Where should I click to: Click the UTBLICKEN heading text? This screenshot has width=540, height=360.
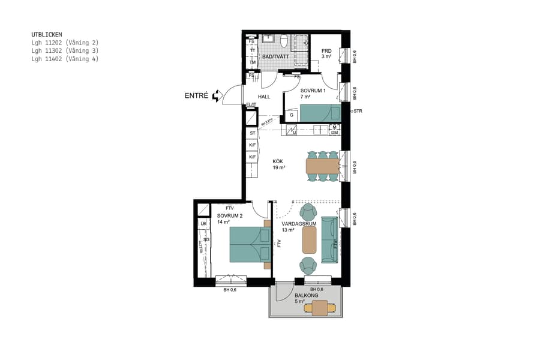click(x=47, y=35)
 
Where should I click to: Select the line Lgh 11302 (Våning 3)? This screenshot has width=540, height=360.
click(x=65, y=51)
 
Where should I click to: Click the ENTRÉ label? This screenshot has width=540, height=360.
click(x=197, y=95)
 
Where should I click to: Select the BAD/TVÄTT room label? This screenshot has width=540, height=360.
click(x=276, y=57)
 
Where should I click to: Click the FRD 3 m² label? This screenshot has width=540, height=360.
click(x=326, y=54)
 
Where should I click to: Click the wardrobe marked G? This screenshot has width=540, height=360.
click(x=292, y=114)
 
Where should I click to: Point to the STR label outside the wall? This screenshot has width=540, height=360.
click(x=358, y=111)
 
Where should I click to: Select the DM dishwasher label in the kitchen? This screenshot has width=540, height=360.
click(x=334, y=133)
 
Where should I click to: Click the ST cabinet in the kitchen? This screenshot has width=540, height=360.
click(x=253, y=133)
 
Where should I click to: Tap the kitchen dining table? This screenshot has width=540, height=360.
click(x=322, y=166)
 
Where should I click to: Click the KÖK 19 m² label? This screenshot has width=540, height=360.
click(x=278, y=164)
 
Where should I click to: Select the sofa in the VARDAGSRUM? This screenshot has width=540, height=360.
click(x=329, y=239)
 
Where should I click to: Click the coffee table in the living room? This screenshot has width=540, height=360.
click(x=309, y=239)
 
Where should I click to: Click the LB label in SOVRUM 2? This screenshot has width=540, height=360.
click(x=203, y=223)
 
